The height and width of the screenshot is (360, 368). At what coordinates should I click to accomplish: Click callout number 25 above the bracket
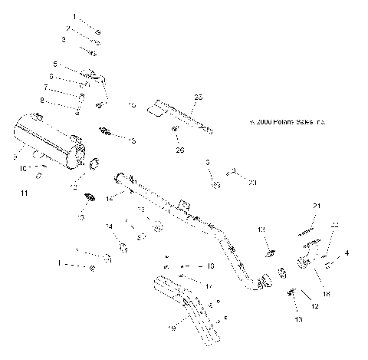[x=199, y=97]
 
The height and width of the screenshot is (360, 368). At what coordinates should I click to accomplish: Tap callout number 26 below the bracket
[x=181, y=150]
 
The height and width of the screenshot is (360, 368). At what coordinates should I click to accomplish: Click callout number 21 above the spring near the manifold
[x=315, y=206]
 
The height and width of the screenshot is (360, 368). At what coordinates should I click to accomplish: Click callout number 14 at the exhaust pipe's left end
[x=109, y=199]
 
